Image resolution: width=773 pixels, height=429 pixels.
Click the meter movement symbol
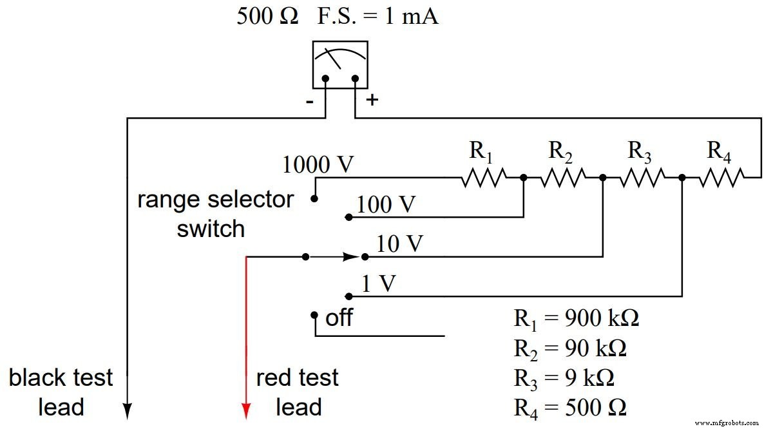(x=340, y=64)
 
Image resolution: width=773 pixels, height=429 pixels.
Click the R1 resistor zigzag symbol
(x=483, y=177)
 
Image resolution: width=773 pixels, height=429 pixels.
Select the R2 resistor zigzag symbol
(x=563, y=177)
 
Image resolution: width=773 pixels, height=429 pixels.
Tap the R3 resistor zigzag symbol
(x=642, y=177)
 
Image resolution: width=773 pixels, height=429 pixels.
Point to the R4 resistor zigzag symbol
(x=721, y=177)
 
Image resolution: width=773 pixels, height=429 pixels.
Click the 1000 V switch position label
(x=318, y=166)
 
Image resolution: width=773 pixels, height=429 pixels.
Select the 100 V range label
(x=386, y=205)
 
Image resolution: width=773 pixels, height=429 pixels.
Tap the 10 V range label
(x=400, y=244)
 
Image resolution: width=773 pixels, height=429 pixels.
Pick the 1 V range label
(x=378, y=284)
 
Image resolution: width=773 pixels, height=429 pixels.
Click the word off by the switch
(x=339, y=318)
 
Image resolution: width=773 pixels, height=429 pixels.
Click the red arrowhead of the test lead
(x=246, y=411)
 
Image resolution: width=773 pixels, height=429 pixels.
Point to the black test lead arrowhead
(x=128, y=411)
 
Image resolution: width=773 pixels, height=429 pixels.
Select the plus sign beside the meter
(x=372, y=100)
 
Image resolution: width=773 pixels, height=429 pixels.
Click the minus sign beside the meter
(x=310, y=102)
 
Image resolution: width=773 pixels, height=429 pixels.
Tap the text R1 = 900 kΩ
(x=577, y=319)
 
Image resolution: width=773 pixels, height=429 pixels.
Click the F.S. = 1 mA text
(x=377, y=16)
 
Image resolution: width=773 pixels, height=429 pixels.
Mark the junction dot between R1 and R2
(x=523, y=177)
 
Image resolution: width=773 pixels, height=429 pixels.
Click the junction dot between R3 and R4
(x=682, y=177)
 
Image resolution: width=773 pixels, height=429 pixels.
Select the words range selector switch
(x=215, y=214)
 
